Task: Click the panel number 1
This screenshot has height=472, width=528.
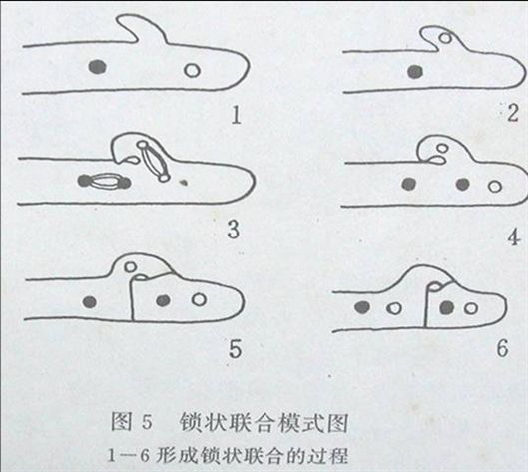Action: [x=237, y=115]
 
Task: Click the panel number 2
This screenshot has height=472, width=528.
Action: [x=512, y=112]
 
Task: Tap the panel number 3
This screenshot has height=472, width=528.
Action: [x=234, y=229]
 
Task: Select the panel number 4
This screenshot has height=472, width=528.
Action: [x=513, y=237]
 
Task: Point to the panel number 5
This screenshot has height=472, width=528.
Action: [x=235, y=349]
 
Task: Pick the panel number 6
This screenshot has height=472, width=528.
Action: [x=502, y=348]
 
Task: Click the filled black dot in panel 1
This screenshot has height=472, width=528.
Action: [x=97, y=66]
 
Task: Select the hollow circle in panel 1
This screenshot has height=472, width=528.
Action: [x=192, y=71]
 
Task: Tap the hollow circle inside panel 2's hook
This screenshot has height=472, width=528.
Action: [x=446, y=38]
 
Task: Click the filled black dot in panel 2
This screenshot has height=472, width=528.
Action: [x=415, y=72]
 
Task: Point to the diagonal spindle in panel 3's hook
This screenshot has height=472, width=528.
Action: [x=153, y=161]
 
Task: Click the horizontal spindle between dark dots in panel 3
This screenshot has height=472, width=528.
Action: [x=104, y=181]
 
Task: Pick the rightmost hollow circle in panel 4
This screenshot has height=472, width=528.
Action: [x=495, y=186]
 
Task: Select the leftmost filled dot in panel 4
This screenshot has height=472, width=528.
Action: [x=409, y=184]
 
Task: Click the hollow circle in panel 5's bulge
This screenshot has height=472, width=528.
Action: [x=130, y=267]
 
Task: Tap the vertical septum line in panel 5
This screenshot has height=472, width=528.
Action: [x=132, y=298]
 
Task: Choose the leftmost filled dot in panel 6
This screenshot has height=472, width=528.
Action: [x=362, y=306]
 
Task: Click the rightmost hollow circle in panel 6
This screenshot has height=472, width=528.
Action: [x=471, y=308]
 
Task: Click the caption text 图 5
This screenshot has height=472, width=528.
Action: [x=132, y=422]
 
